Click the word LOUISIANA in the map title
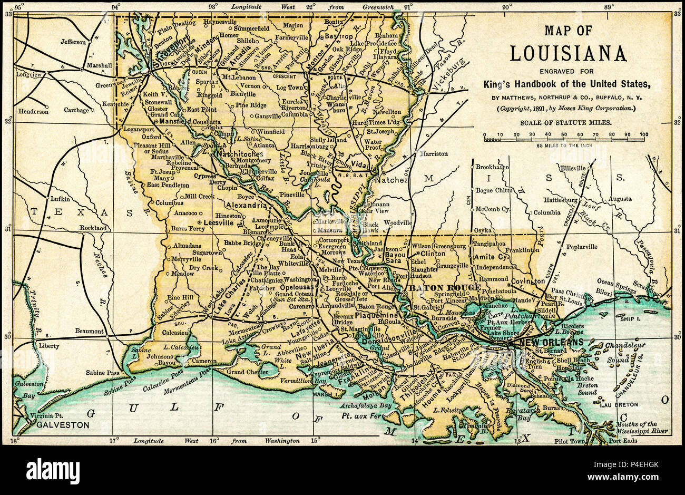pyautogui.click(x=568, y=53)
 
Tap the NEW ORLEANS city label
pyautogui.click(x=551, y=342)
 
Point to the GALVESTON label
pyautogui.click(x=59, y=424)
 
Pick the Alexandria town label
pyautogui.click(x=247, y=205)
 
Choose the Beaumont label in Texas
pyautogui.click(x=89, y=331)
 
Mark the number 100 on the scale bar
pyautogui.click(x=643, y=134)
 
